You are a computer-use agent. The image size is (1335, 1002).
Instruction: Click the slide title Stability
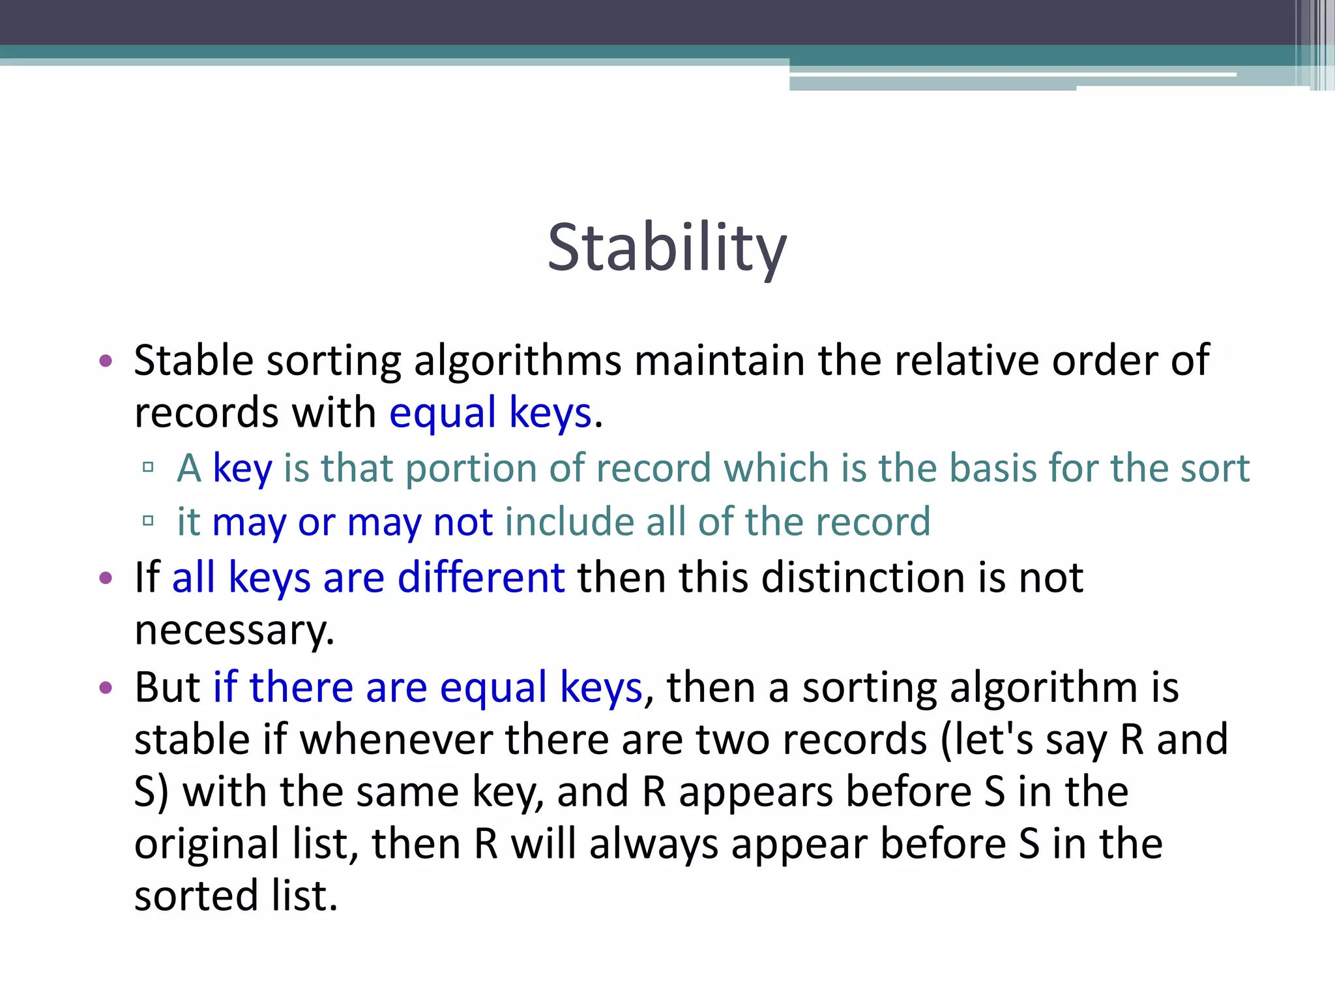(667, 248)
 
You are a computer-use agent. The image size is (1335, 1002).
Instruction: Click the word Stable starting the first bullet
(193, 360)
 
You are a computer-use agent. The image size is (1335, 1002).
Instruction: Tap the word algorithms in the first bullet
(518, 361)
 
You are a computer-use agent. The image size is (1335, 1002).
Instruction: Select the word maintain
(720, 360)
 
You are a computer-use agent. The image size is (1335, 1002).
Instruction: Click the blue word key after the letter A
(242, 468)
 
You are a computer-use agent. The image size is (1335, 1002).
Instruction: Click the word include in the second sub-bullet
(568, 522)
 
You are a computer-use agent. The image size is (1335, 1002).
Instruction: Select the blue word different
(481, 577)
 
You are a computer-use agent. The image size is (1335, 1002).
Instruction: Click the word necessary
(234, 631)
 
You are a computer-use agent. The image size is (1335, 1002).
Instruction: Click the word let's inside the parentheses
(987, 740)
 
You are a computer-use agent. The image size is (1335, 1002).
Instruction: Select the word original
(207, 844)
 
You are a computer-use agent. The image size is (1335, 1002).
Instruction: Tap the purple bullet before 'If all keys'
(106, 578)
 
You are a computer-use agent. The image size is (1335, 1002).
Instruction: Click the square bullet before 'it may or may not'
(148, 521)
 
